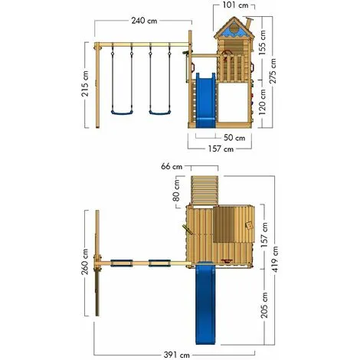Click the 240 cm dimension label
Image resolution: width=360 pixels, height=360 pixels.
click(144, 21)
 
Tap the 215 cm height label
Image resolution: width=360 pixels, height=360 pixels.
click(85, 83)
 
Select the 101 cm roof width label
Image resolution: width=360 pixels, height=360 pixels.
click(235, 5)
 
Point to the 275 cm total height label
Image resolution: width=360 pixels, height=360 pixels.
click(273, 70)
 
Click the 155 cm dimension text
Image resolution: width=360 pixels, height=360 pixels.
click(262, 43)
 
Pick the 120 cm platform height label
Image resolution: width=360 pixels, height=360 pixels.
click(262, 102)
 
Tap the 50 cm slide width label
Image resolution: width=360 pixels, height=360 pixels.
click(234, 138)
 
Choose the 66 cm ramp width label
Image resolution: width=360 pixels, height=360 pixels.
click(172, 166)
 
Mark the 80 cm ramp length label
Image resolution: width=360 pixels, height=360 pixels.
click(176, 190)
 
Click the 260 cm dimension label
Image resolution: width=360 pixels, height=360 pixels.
click(85, 262)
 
